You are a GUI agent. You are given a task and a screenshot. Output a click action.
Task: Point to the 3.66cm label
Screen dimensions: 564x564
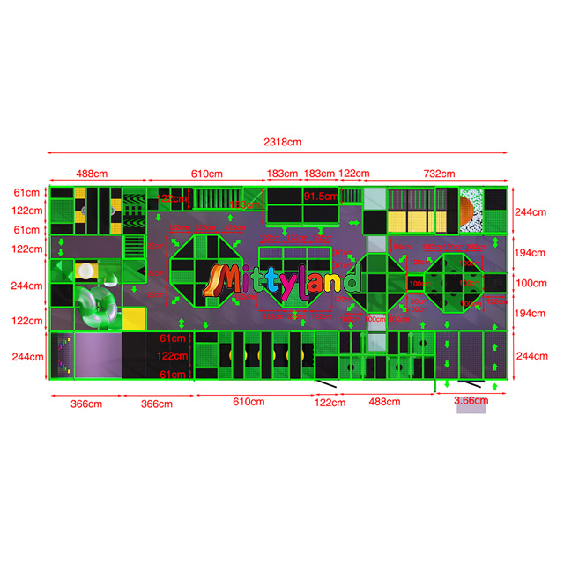(470, 400)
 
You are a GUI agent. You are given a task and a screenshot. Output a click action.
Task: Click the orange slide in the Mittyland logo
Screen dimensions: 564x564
(214, 280)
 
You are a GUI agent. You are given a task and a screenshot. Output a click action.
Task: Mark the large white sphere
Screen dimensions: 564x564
(87, 272)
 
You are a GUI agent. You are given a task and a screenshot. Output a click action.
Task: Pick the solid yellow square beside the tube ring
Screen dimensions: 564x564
(134, 318)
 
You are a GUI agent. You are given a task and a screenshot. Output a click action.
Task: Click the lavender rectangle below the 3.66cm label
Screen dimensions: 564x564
(470, 410)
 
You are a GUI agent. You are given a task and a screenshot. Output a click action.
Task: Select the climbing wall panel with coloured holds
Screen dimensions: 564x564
(63, 356)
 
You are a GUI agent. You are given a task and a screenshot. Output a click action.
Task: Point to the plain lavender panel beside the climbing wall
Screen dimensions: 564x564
(99, 356)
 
